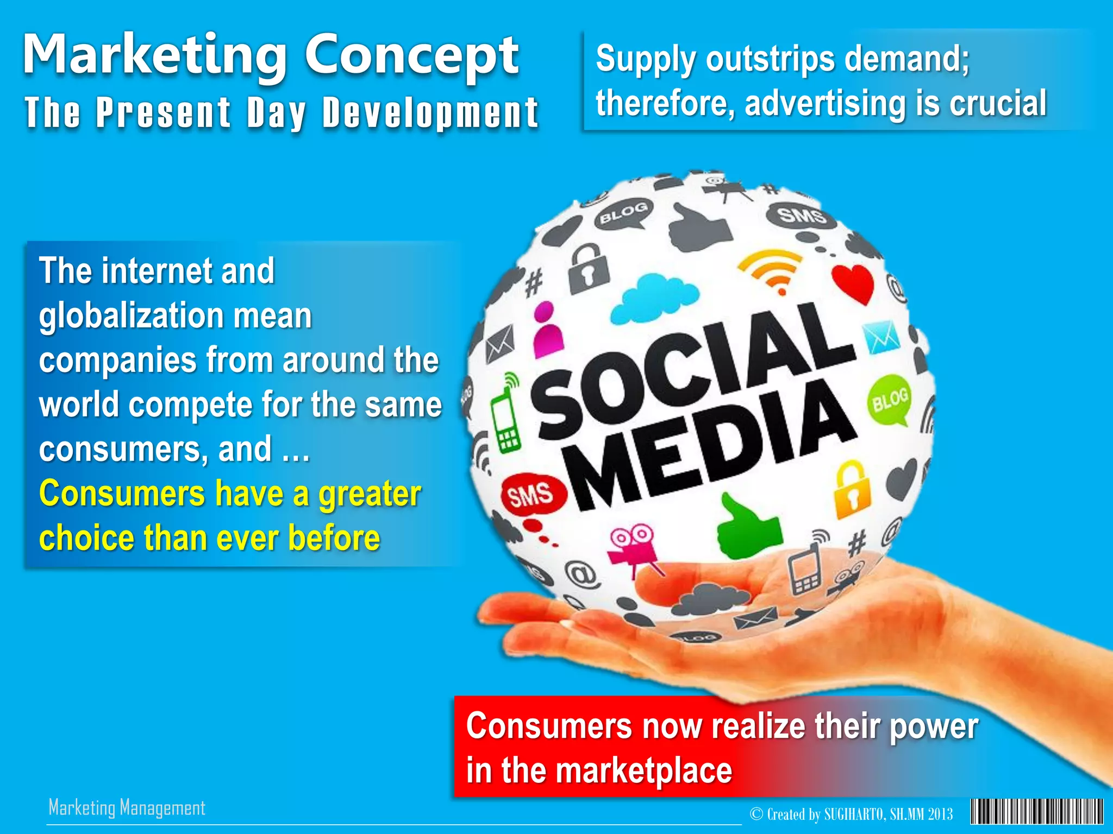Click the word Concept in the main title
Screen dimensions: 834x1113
pyautogui.click(x=411, y=56)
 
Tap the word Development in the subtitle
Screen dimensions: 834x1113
pyautogui.click(x=430, y=113)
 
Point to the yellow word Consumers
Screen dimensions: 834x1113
pyautogui.click(x=122, y=494)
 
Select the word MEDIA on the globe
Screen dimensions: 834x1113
pyautogui.click(x=712, y=445)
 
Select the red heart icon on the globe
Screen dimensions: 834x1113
pyautogui.click(x=852, y=282)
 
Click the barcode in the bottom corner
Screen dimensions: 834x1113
pyautogui.click(x=1036, y=812)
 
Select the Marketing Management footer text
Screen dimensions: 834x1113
pyautogui.click(x=127, y=808)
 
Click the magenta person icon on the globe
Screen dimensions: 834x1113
pyautogui.click(x=546, y=330)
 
